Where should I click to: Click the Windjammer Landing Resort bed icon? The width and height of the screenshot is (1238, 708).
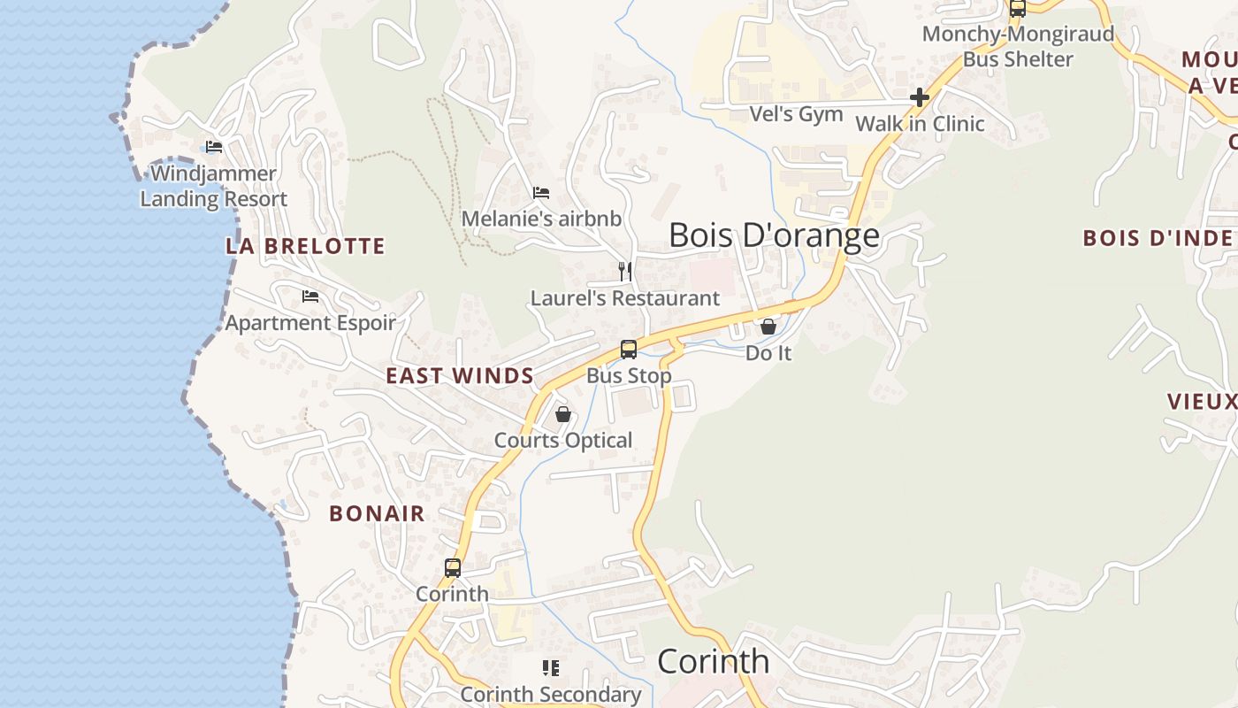pos(214,147)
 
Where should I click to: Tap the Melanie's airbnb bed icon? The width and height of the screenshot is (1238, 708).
pos(541,193)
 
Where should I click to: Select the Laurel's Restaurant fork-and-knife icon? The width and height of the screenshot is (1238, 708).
pos(625,272)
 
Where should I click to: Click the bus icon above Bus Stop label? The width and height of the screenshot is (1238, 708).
pos(629,350)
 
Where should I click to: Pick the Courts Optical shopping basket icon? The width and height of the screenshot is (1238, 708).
pos(563,414)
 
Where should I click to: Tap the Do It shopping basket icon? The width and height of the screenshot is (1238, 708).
pos(768,327)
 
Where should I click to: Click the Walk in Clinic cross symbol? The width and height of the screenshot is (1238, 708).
pos(920,97)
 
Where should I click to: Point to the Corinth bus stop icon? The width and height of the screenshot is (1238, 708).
pos(453,568)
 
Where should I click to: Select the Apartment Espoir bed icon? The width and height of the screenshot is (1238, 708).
pos(310,296)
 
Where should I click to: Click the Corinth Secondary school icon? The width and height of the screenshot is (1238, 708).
pos(551,668)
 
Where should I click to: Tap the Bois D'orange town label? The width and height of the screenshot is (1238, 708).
pos(774,235)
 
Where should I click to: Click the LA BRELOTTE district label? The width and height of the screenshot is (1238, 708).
pos(305,246)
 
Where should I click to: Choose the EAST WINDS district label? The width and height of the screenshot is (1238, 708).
pos(460,376)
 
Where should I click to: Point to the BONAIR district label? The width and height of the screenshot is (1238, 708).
pos(378,513)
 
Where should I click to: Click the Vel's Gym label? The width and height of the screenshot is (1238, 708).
pos(796,114)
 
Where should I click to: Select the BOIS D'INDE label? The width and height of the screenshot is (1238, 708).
pos(1158,238)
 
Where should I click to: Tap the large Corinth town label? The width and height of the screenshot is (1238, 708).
pos(714,662)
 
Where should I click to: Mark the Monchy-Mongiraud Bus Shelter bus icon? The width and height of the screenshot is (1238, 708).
pos(1018,9)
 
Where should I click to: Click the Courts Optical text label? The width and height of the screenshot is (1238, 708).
pos(563,441)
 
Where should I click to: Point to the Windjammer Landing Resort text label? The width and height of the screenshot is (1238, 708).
pos(214,186)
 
